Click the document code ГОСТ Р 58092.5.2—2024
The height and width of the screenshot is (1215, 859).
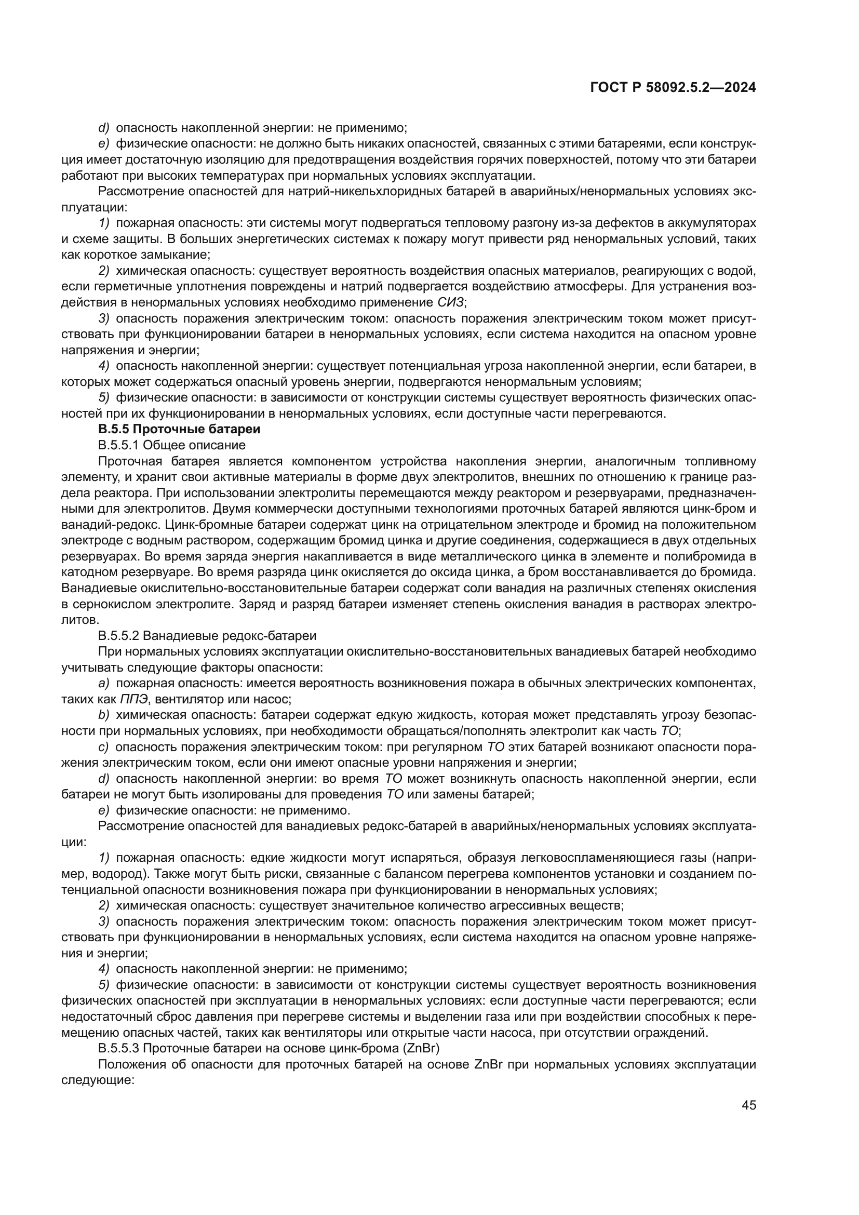coord(672,88)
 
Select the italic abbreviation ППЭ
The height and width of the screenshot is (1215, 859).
coord(135,699)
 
